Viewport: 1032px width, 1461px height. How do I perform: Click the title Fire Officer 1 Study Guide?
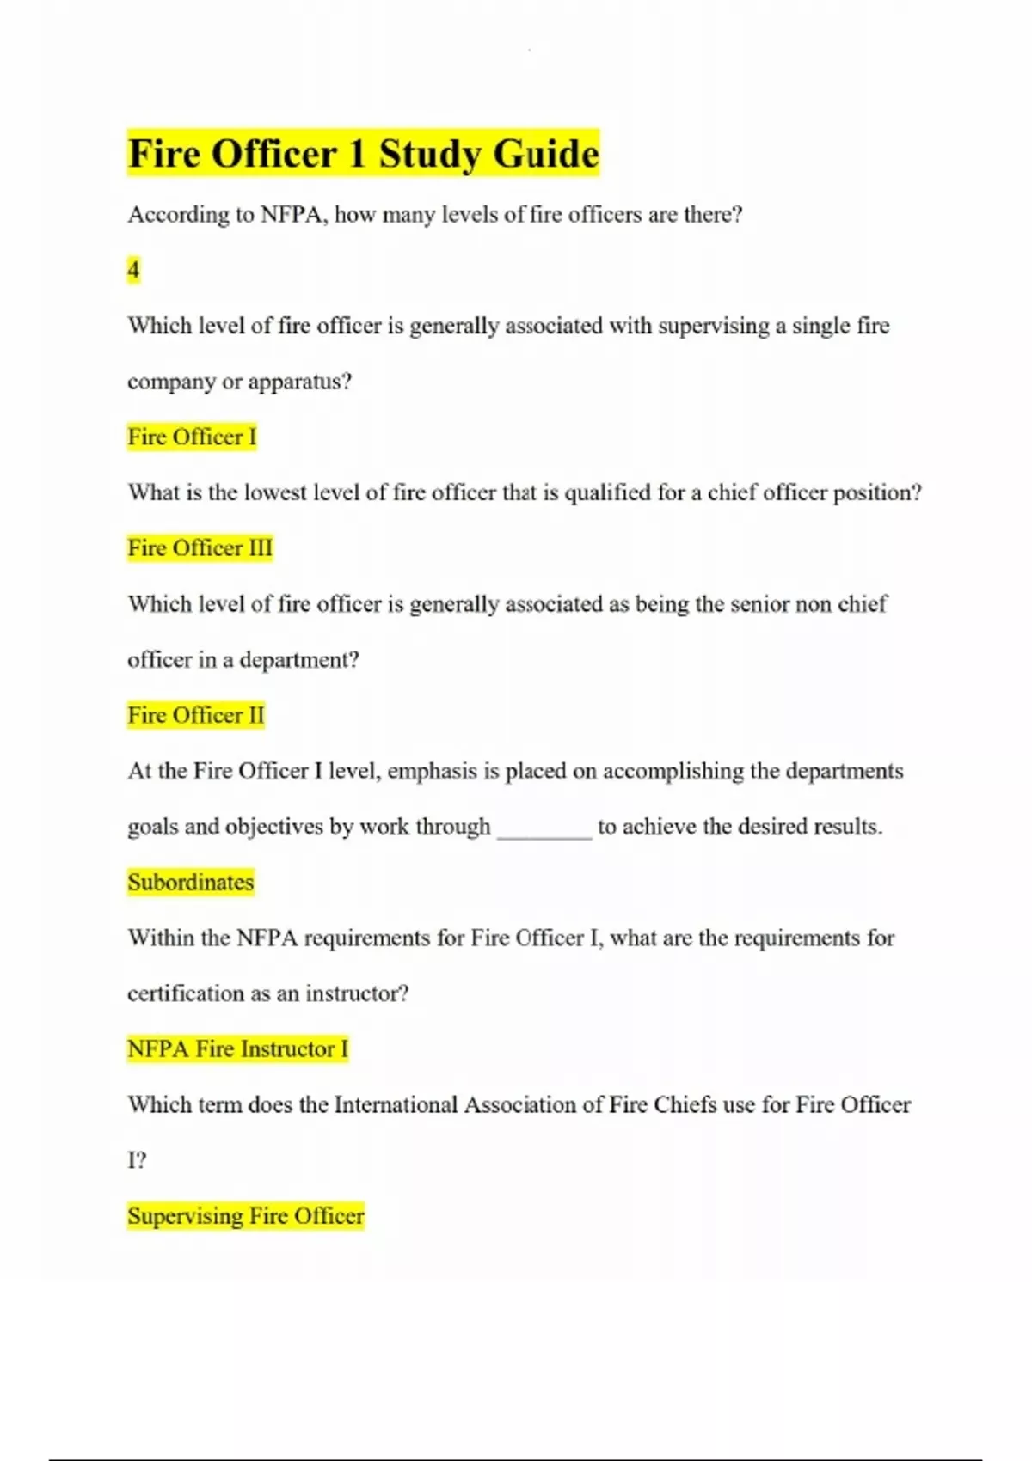363,154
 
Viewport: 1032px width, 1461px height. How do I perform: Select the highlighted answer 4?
133,270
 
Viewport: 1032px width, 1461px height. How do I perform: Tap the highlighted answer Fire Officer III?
200,548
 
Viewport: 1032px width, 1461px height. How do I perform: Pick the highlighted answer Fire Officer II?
196,715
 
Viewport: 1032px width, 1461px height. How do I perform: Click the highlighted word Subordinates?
191,883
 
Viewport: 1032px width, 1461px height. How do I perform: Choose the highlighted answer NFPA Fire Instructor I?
237,1049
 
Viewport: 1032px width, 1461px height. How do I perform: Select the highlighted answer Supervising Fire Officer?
246,1216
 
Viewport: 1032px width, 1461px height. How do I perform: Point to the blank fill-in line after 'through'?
544,829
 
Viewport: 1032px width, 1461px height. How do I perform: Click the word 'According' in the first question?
178,215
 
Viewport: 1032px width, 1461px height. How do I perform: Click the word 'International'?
396,1105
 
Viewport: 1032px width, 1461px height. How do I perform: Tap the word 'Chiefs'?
685,1105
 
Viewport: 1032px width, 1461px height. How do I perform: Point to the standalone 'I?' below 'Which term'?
137,1161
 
